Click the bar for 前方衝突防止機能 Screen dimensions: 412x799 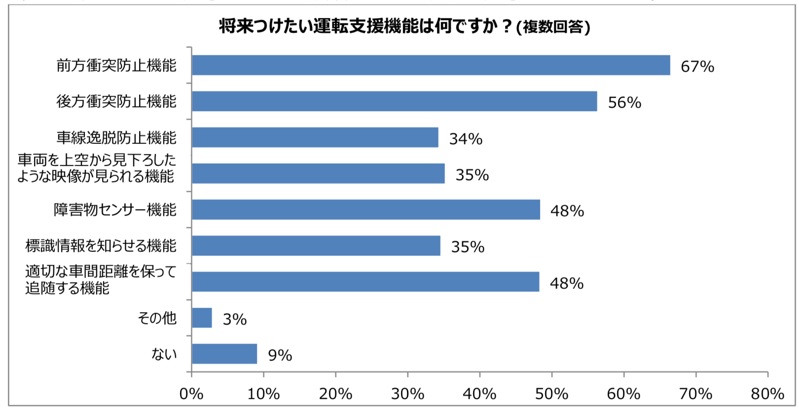point(431,65)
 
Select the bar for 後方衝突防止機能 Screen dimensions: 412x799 point(394,101)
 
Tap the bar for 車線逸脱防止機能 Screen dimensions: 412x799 point(315,137)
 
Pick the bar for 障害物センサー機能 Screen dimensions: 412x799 point(365,209)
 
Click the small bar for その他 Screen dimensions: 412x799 point(202,318)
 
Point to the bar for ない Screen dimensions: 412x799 point(224,354)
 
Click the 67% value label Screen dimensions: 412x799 point(697,67)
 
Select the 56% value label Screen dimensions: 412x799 point(624,103)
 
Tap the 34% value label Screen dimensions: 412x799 point(466,139)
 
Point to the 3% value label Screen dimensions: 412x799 point(235,319)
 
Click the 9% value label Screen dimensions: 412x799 point(280,355)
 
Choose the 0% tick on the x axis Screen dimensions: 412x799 point(191,394)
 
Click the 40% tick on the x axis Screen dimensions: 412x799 point(479,394)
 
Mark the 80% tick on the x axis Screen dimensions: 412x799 point(767,394)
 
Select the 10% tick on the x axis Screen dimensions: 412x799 point(263,394)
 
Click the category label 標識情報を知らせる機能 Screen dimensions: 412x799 point(101,245)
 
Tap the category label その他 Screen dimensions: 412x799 point(157,318)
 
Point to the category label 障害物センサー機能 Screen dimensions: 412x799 point(115,209)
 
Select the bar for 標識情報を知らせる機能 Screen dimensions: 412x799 point(316,245)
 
